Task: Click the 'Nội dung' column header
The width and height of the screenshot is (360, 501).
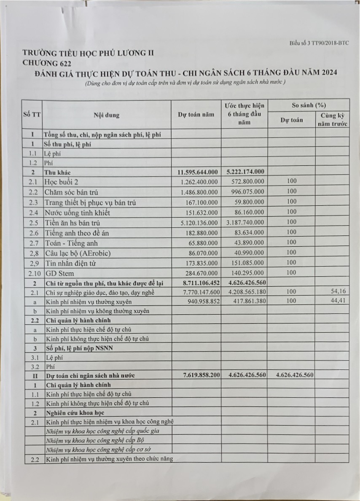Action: click(107, 115)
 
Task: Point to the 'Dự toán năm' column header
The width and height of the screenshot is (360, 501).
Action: click(196, 114)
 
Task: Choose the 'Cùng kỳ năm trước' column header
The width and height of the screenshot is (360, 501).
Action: click(332, 119)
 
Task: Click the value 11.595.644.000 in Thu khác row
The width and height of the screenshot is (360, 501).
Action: click(196, 172)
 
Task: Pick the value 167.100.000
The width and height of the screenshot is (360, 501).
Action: click(201, 202)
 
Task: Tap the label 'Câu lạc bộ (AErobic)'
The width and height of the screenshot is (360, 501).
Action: click(80, 253)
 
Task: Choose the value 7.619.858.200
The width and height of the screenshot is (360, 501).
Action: click(196, 374)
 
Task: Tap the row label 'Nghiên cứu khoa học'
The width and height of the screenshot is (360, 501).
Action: click(75, 412)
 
